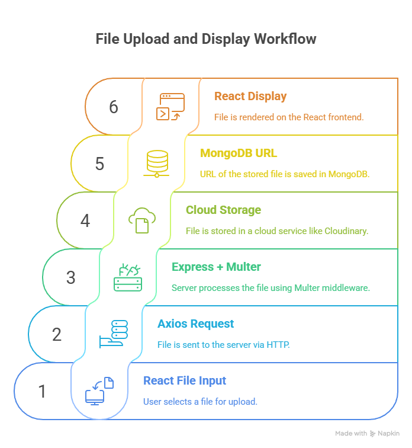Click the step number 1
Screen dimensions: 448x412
pyautogui.click(x=42, y=391)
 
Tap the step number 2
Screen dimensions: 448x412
pyautogui.click(x=57, y=334)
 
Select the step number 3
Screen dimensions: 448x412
pyautogui.click(x=71, y=277)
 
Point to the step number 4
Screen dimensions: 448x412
pyautogui.click(x=85, y=220)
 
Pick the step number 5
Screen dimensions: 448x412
pyautogui.click(x=99, y=164)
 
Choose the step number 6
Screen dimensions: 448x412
pyautogui.click(x=114, y=107)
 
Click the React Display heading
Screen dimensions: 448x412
pyautogui.click(x=250, y=97)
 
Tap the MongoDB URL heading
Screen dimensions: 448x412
pyautogui.click(x=239, y=153)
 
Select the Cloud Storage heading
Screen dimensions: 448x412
pyautogui.click(x=223, y=210)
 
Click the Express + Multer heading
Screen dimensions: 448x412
pyautogui.click(x=216, y=267)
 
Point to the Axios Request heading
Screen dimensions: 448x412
pyautogui.click(x=195, y=324)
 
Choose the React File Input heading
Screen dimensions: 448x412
pyautogui.click(x=185, y=381)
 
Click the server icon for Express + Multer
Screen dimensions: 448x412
pyautogui.click(x=128, y=277)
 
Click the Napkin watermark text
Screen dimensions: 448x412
pyautogui.click(x=389, y=434)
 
